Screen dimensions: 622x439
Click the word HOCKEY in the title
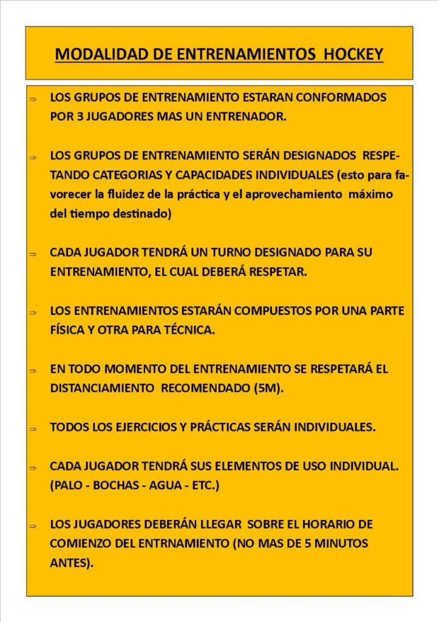tap(353, 54)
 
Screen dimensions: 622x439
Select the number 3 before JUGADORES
tap(80, 116)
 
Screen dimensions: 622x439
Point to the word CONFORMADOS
tap(341, 97)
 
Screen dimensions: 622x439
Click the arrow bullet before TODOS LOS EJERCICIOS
tap(33, 428)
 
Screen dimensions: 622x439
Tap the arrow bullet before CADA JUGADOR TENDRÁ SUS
tap(33, 467)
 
